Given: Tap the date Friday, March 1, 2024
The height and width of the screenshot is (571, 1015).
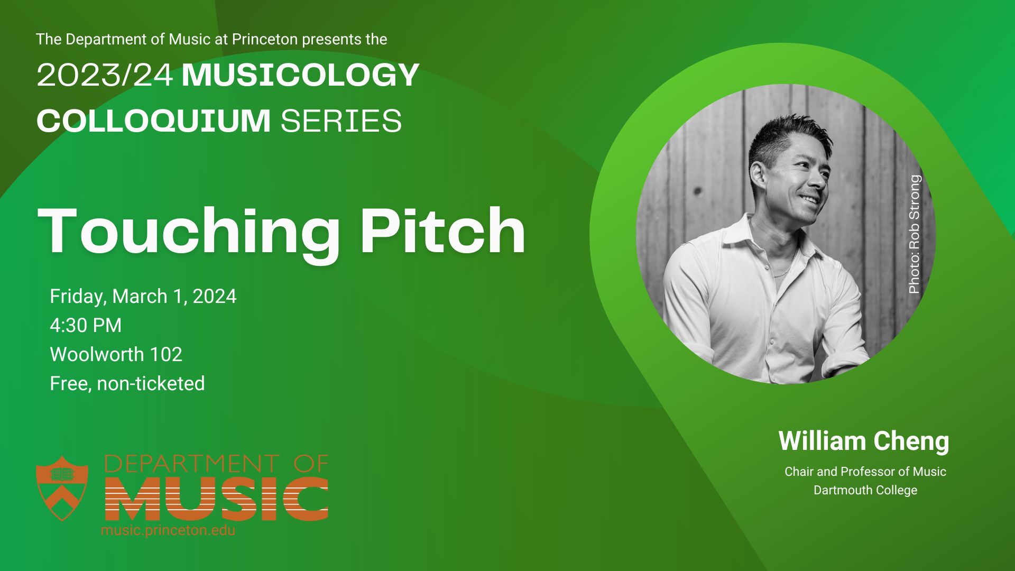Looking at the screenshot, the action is (143, 297).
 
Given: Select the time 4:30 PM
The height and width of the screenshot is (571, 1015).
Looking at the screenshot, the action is (86, 325).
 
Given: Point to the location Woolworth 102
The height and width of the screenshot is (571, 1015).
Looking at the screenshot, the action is (116, 354).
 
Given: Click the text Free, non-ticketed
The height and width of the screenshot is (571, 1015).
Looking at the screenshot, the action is (127, 383).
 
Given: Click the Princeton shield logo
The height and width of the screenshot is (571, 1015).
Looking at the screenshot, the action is (62, 488).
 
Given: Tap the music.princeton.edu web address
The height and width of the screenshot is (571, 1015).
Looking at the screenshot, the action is (168, 530).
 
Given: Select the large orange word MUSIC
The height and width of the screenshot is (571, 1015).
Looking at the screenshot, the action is (217, 498).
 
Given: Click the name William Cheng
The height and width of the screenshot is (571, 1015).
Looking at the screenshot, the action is (864, 441).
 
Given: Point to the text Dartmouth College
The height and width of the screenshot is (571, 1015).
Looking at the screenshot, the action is (865, 490).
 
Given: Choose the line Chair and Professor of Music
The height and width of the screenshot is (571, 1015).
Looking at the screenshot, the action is (865, 472).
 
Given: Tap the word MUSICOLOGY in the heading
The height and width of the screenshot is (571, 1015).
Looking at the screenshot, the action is (300, 75).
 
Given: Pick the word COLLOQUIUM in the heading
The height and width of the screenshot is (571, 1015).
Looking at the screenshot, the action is (153, 121).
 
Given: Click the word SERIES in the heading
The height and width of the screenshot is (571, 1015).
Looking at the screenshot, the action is (341, 121).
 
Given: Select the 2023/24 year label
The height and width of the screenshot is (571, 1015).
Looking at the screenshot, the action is (105, 75).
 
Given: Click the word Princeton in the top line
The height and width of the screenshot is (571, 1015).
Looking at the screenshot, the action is (264, 40).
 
